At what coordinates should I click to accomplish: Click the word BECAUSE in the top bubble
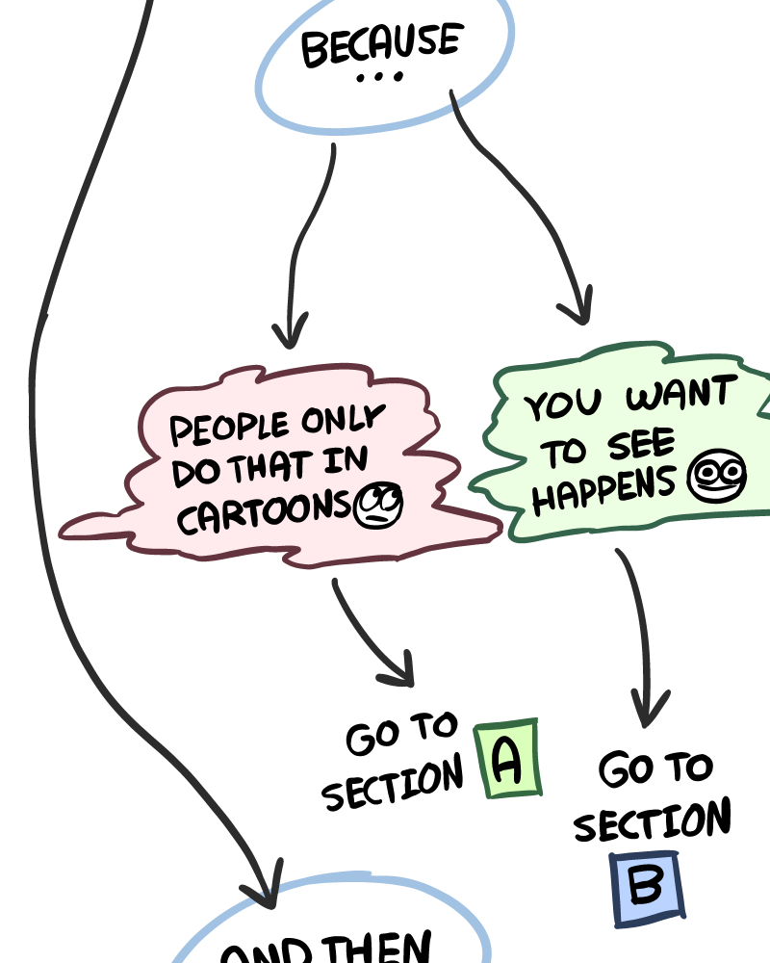[381, 46]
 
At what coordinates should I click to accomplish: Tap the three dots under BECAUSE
[379, 78]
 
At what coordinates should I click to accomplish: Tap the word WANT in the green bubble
[680, 394]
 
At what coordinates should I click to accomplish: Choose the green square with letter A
[507, 760]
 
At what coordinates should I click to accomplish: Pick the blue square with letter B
[646, 889]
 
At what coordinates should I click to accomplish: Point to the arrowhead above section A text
[399, 671]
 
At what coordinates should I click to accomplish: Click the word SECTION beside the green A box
[392, 785]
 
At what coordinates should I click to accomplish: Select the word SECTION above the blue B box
[653, 824]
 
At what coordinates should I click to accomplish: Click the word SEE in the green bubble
[641, 445]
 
